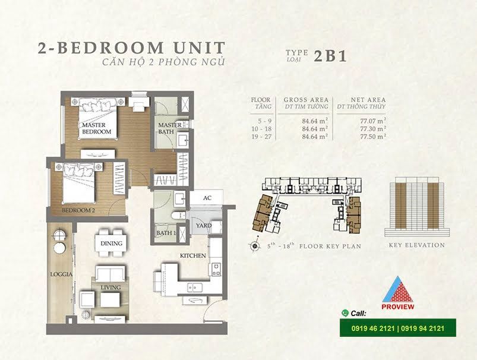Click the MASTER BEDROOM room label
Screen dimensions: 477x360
coord(96,128)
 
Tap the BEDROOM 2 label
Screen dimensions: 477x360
coord(77,210)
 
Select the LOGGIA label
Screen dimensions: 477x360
coord(61,274)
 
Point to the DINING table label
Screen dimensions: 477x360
coord(111,244)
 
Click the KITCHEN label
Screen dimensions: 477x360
coord(193,255)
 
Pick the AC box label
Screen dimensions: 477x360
coord(207,198)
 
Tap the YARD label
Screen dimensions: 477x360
coord(204,226)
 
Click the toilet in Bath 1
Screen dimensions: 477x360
coord(178,216)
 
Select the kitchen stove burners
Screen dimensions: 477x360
coord(216,269)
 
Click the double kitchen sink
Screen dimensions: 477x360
coord(194,287)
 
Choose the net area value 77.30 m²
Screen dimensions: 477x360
coord(373,129)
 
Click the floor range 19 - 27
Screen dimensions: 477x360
coord(261,137)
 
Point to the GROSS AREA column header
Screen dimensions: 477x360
coord(306,100)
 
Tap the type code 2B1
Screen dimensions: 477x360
coord(330,56)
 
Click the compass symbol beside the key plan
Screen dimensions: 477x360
coord(255,246)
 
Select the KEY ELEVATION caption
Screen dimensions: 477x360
coord(417,245)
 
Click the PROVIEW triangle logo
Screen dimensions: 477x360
coord(397,293)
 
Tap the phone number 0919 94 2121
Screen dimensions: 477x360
coord(422,329)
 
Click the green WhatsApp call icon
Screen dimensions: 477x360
coord(345,313)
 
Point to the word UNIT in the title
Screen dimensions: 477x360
coord(199,48)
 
